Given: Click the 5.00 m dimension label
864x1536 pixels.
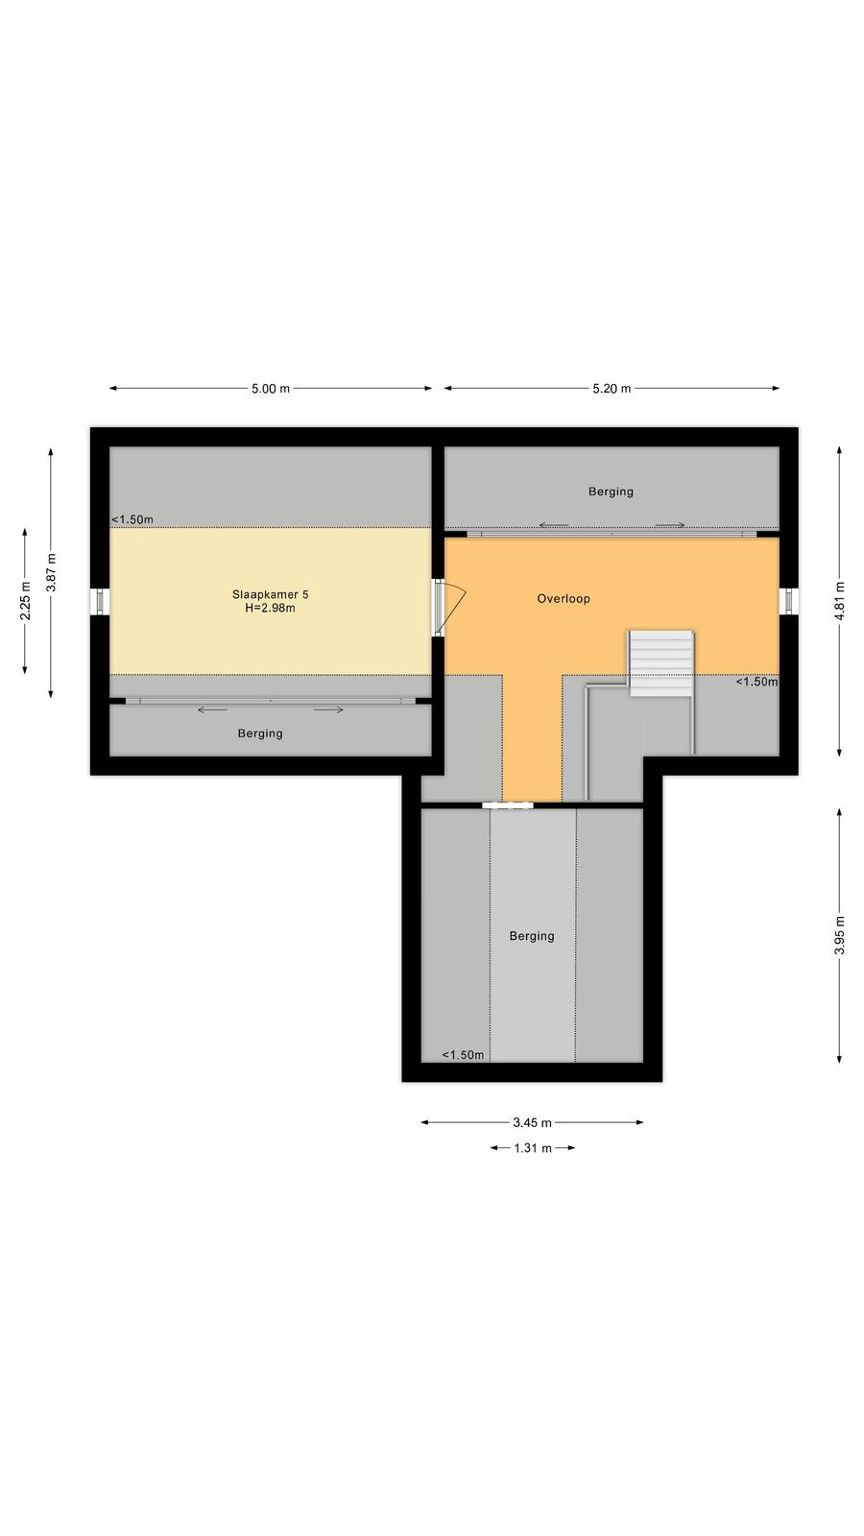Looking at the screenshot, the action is [x=270, y=389].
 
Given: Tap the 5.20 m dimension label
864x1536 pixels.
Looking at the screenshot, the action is [x=612, y=389].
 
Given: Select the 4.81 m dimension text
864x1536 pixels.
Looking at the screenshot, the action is [x=840, y=601].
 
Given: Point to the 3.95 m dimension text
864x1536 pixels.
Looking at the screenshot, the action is [x=840, y=935].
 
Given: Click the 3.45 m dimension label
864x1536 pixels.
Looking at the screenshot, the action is [x=532, y=1122].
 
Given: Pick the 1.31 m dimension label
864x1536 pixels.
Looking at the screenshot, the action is [x=533, y=1148].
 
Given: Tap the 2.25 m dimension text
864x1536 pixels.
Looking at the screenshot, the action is [x=25, y=601].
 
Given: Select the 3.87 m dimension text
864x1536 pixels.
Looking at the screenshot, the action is [x=51, y=572].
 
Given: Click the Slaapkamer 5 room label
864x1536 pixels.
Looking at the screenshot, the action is [x=270, y=594].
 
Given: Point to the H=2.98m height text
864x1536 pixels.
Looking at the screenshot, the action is [x=270, y=608].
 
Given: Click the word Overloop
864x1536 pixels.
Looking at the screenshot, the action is [x=564, y=599].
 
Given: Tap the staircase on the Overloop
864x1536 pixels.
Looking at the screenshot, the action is [x=661, y=663].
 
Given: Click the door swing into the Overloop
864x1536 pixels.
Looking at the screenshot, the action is [x=453, y=608].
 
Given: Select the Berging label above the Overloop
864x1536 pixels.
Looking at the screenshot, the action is [x=611, y=492].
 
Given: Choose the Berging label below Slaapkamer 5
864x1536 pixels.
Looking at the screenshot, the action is [x=260, y=733].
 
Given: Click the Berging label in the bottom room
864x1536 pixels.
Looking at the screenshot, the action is [x=532, y=936].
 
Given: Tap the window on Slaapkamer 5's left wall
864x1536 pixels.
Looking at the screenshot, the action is [x=100, y=601].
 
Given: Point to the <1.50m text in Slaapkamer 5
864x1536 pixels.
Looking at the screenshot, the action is [x=132, y=519].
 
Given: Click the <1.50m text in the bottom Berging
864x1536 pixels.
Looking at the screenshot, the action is [x=463, y=1055].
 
